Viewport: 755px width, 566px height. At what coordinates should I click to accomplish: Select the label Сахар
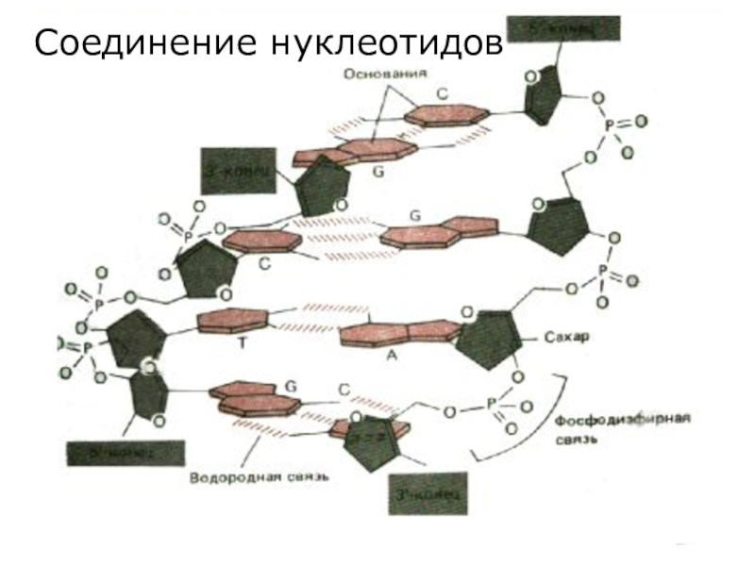click(566, 337)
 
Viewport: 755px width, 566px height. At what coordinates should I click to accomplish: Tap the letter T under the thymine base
click(242, 344)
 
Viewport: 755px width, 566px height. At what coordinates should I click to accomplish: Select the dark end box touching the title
click(564, 28)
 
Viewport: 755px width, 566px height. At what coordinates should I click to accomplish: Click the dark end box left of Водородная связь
click(123, 455)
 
